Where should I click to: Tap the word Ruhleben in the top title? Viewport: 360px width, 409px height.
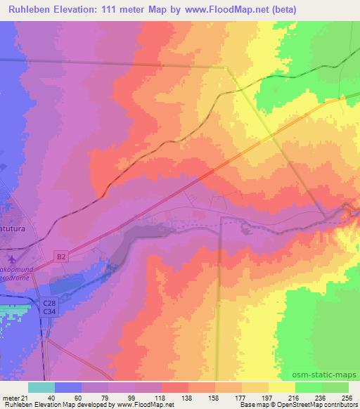point(30,10)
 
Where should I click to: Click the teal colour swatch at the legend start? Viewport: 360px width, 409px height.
point(41,387)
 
